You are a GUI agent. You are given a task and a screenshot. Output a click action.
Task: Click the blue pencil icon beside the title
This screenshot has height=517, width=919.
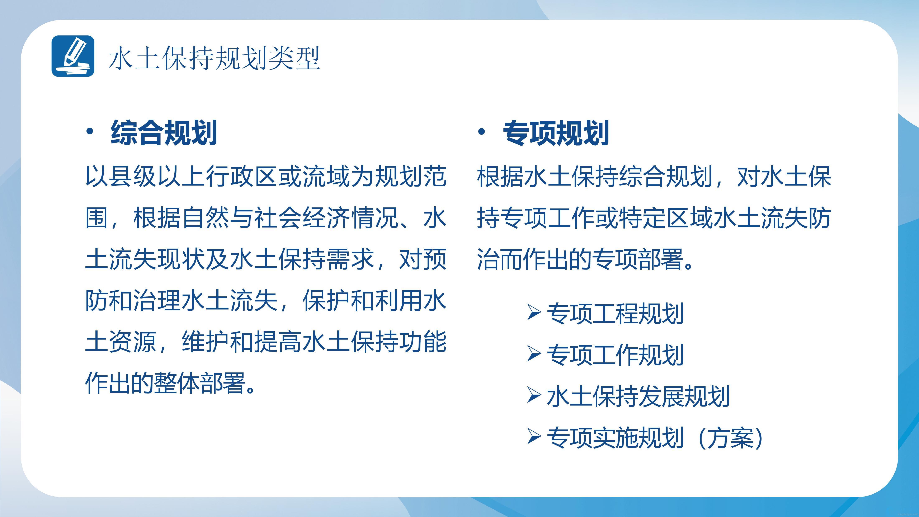coord(73,56)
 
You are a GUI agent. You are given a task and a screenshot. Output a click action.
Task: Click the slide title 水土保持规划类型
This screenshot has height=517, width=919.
coord(214,58)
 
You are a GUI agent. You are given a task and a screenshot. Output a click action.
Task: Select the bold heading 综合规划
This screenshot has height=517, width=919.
coord(164,133)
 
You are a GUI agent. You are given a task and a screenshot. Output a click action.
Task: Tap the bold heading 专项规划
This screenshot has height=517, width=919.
coord(555,133)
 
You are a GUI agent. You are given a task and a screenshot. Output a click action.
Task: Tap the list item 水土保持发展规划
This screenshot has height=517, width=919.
coord(638,396)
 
